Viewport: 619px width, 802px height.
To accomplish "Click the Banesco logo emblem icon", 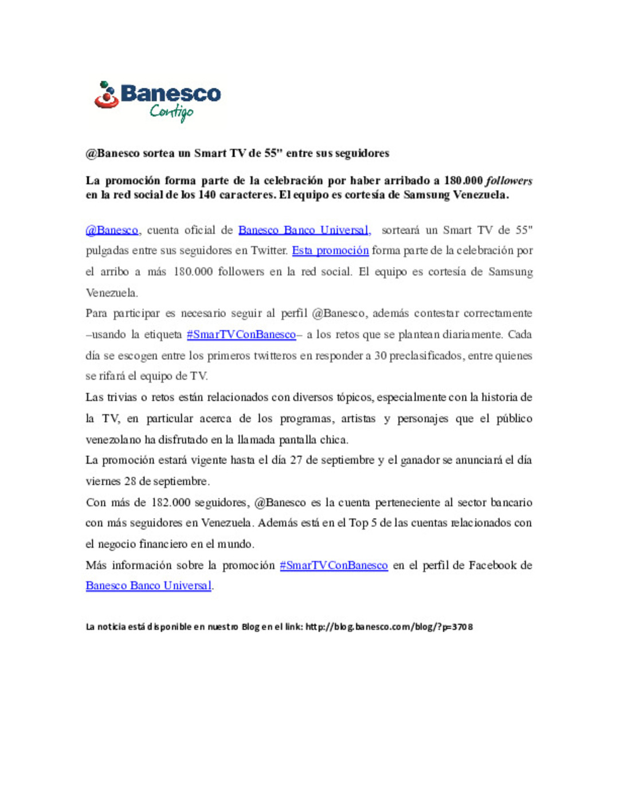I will click(107, 95).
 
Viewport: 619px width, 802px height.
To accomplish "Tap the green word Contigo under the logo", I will click(171, 112).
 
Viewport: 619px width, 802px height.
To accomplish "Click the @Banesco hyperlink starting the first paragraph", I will click(112, 230).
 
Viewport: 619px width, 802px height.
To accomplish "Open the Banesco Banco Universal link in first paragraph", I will click(304, 230).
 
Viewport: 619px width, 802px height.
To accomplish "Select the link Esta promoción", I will click(330, 251).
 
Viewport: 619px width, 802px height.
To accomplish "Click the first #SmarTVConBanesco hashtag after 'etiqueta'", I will click(241, 334).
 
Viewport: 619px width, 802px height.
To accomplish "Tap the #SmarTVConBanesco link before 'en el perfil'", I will click(334, 565).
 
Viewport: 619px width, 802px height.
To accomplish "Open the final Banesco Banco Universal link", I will click(148, 586).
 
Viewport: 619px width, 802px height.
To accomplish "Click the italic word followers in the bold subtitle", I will click(509, 181).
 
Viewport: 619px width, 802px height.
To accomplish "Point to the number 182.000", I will click(170, 503).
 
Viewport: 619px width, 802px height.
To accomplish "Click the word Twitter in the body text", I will click(269, 251).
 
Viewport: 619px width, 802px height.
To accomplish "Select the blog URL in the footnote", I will click(389, 626).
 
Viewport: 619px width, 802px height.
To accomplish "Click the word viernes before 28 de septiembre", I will click(103, 481).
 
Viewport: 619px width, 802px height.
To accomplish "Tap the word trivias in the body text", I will click(123, 397).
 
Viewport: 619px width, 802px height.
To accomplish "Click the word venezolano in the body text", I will click(113, 440).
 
